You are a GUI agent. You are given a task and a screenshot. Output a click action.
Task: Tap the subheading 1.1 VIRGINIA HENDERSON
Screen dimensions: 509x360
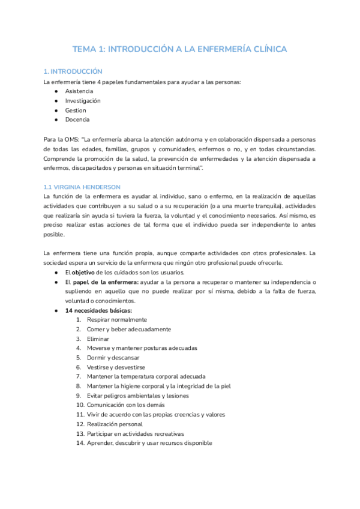(82, 187)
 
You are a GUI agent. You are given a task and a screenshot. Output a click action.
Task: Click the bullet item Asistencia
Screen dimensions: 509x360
(79, 91)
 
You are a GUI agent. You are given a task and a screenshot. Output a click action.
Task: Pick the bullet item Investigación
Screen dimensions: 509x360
(83, 101)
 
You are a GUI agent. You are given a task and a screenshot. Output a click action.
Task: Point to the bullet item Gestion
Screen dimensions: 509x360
(76, 110)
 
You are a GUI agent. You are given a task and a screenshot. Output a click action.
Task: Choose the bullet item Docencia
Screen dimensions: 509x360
(77, 120)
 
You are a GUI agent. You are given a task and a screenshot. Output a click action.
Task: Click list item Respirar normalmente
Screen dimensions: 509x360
(116, 320)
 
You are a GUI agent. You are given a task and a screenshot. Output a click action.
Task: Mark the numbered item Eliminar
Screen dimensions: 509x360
(98, 339)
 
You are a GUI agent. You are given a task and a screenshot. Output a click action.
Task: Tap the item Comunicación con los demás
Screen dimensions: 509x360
(125, 405)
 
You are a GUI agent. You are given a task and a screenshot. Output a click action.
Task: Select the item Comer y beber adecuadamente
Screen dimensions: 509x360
(128, 329)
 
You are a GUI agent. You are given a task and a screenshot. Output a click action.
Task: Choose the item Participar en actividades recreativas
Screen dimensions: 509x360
(135, 433)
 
